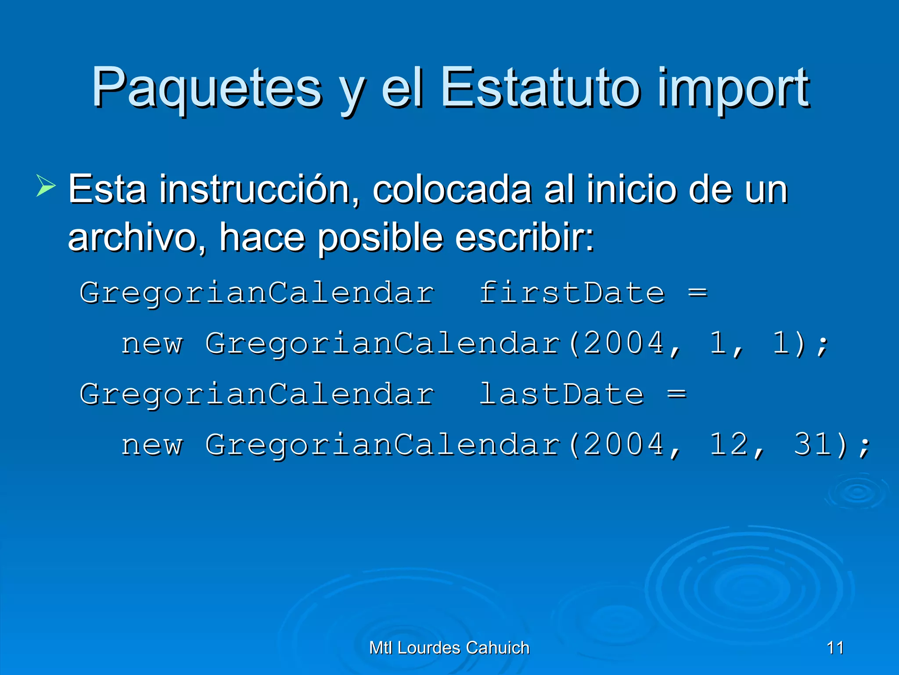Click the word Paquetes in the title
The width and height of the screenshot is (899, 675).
tap(206, 88)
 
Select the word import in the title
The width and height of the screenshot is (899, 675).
tap(733, 88)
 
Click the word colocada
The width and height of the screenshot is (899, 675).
tap(452, 190)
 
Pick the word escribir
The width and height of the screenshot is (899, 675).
tap(525, 237)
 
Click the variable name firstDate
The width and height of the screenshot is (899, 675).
tap(572, 293)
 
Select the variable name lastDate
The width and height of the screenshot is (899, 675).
tap(561, 394)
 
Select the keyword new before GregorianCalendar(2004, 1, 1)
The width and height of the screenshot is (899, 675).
tap(152, 344)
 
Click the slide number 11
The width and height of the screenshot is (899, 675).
tap(835, 648)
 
